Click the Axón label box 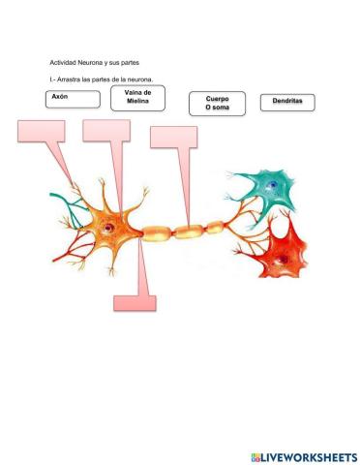[x=73, y=98]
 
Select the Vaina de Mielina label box [x=137, y=98]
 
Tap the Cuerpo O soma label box [x=217, y=104]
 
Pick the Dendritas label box [x=287, y=102]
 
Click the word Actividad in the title [x=65, y=62]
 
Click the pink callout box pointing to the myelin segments [x=172, y=137]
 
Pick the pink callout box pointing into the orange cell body [x=104, y=132]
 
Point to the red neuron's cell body [x=284, y=250]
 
